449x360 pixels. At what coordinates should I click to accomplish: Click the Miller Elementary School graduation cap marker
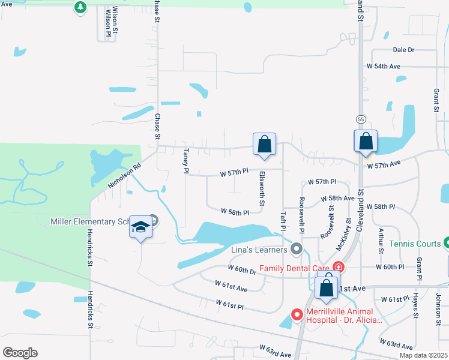[140, 227]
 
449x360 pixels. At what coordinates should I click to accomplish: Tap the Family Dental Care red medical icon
[339, 267]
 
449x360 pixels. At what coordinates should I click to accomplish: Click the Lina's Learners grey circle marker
[296, 248]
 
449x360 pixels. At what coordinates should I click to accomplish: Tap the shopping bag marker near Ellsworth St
[264, 144]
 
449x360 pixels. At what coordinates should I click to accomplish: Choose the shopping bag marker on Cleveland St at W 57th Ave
[366, 142]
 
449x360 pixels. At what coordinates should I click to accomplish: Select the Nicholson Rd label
[124, 175]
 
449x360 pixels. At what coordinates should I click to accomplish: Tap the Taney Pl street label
[186, 161]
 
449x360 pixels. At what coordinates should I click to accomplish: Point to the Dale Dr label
[403, 50]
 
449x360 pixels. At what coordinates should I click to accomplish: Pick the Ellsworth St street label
[262, 190]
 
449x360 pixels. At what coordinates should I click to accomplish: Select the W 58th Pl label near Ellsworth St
[235, 212]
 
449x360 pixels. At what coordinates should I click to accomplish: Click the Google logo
[20, 353]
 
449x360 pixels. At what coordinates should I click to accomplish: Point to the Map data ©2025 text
[423, 355]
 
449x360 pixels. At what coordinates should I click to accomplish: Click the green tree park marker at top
[80, 7]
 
